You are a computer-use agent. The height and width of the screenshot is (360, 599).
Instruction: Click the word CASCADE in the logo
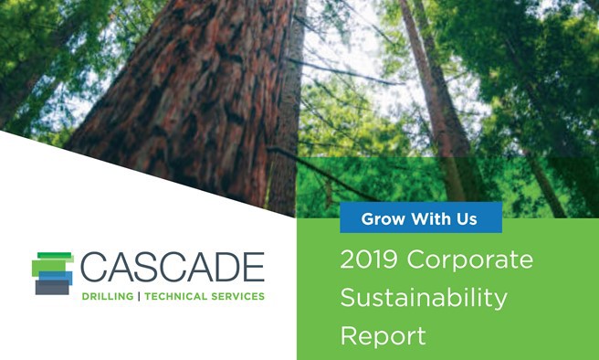pos(173,267)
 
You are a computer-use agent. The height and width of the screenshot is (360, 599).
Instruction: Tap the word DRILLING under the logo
pos(108,296)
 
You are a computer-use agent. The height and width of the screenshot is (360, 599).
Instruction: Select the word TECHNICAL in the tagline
pos(175,296)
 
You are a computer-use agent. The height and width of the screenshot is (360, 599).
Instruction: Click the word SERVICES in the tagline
pos(237,296)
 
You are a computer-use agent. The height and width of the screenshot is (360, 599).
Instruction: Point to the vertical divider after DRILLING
pos(139,296)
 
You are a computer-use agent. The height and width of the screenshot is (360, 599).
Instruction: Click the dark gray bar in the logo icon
pos(52,288)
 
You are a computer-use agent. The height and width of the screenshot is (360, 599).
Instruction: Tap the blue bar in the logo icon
pos(56,278)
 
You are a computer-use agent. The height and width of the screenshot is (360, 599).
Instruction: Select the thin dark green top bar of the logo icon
pos(54,255)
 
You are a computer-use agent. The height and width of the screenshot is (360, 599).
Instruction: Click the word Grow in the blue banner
pos(384,219)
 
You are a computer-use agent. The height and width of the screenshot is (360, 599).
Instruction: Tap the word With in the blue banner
pos(427,218)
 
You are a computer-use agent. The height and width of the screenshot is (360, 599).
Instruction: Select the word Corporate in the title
pos(470,260)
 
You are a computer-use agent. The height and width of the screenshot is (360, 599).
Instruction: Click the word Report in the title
pos(383,336)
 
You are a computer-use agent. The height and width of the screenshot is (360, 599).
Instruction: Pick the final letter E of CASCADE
pos(254,267)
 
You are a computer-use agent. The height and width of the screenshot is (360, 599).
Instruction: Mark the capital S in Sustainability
pos(350,297)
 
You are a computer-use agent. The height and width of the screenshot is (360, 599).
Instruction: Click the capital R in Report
pos(349,335)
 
